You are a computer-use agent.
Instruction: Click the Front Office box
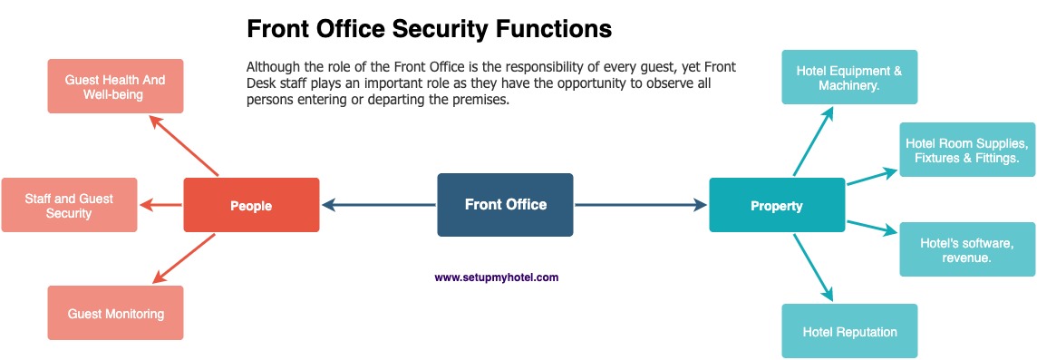pos(505,205)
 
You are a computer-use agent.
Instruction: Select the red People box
pos(251,205)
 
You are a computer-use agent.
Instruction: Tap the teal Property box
pos(777,205)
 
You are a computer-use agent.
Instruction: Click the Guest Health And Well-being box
pos(115,86)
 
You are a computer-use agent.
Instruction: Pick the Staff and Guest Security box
pos(70,205)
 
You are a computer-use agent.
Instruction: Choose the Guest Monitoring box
pos(115,313)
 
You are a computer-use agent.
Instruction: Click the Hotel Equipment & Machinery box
pos(849,77)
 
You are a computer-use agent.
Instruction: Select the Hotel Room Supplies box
pos(967,150)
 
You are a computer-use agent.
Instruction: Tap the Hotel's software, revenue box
pos(967,249)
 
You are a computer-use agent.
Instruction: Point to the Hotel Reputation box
pos(849,331)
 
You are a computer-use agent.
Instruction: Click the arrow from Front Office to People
pos(379,205)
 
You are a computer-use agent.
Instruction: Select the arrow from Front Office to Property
pos(641,205)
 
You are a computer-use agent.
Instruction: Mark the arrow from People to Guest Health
pos(184,145)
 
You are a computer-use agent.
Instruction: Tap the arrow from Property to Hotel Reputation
pos(813,267)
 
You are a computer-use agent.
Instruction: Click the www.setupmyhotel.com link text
pos(497,277)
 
